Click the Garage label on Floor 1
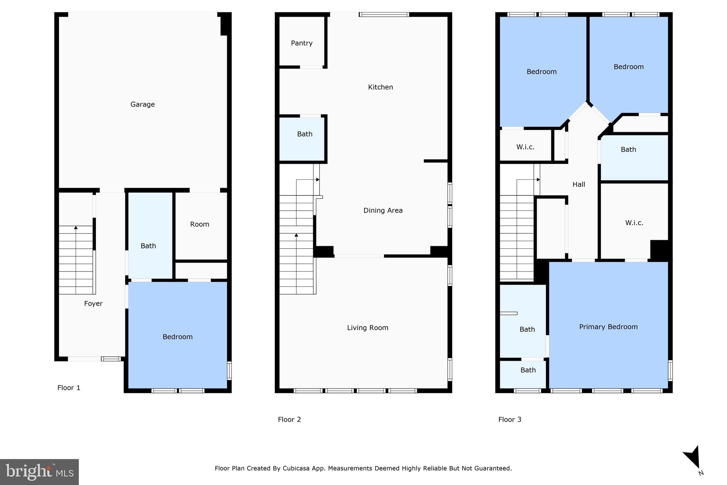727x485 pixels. [x=142, y=104]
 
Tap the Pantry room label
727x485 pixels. [x=301, y=43]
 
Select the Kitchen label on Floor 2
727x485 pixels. [x=380, y=87]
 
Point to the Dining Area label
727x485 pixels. [x=383, y=210]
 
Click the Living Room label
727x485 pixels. [x=367, y=328]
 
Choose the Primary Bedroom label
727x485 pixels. [x=608, y=327]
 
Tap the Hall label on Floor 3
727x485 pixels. [x=579, y=184]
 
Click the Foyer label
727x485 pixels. [x=93, y=303]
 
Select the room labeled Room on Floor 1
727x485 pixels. [x=199, y=224]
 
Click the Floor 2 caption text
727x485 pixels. [x=289, y=420]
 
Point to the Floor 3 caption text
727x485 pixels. [x=509, y=420]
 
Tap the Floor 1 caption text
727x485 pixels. [x=69, y=388]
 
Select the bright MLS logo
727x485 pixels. [x=39, y=472]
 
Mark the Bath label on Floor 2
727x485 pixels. [x=305, y=134]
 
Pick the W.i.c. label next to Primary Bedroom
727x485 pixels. [x=634, y=223]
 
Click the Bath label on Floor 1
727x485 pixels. [x=148, y=246]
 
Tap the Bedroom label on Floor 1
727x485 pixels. [x=177, y=337]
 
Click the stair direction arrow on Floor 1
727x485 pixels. [x=76, y=228]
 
